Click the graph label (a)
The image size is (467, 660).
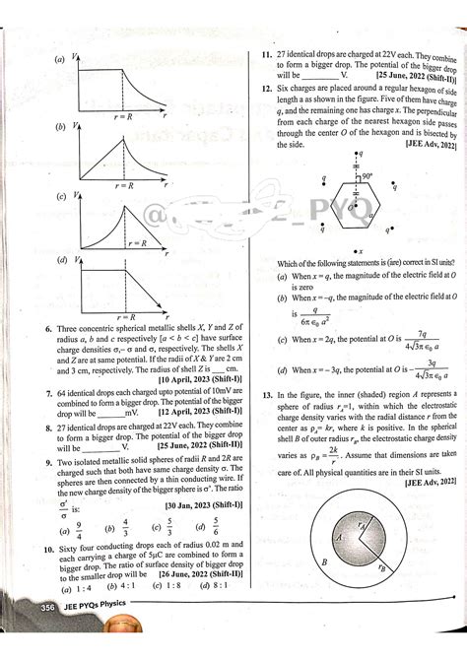pyautogui.click(x=61, y=58)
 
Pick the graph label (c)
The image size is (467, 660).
pyautogui.click(x=61, y=196)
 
